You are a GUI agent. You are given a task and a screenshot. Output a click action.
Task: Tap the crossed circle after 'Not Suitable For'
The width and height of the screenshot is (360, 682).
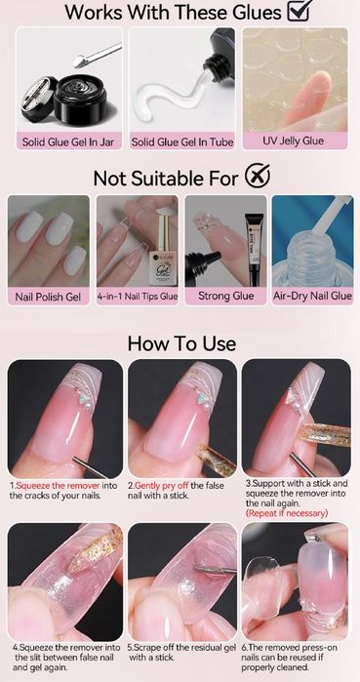(x=258, y=177)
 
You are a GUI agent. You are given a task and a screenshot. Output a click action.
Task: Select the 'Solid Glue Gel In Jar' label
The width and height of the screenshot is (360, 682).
(x=69, y=141)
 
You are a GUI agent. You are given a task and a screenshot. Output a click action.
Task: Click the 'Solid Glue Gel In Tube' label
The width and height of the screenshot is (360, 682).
(x=182, y=141)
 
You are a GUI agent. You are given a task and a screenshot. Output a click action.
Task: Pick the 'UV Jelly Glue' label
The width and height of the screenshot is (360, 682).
(x=293, y=140)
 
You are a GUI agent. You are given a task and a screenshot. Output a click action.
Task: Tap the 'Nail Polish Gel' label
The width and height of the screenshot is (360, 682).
(x=48, y=297)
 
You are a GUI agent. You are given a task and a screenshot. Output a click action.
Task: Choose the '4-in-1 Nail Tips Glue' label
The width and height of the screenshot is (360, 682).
(x=138, y=297)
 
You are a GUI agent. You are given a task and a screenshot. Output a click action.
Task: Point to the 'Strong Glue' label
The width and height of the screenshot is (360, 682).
(x=225, y=297)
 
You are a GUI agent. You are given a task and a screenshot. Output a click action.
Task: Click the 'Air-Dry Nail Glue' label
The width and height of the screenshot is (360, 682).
(x=312, y=297)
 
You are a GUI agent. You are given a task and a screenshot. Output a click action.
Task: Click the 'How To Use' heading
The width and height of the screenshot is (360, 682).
(x=181, y=343)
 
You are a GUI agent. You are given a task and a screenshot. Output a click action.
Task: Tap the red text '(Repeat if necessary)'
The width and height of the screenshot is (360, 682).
(x=287, y=513)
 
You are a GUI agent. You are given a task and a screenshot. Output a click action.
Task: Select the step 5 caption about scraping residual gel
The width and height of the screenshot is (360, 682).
(x=182, y=653)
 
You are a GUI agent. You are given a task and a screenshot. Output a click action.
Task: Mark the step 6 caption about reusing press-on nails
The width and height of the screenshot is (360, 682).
(x=289, y=658)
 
